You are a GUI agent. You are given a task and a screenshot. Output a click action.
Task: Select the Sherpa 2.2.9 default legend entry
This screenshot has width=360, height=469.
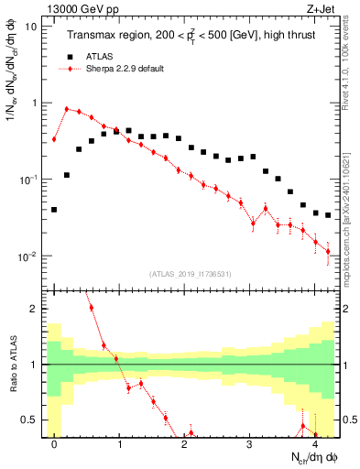tap(119, 69)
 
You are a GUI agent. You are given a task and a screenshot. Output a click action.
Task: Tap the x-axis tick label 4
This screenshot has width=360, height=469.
tap(314, 444)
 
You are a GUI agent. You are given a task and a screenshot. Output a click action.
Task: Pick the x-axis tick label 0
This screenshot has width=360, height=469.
tap(54, 444)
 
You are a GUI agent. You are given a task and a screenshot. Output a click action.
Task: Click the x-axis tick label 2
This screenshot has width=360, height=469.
tap(184, 444)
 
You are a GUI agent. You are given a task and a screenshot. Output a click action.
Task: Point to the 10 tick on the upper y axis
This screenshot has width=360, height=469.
tap(30, 27)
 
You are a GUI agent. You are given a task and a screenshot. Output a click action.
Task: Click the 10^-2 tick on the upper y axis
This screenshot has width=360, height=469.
tap(27, 256)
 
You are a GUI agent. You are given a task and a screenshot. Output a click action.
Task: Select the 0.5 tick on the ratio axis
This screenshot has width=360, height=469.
tap(30, 420)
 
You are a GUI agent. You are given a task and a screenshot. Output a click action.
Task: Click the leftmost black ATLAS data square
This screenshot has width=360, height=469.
tap(54, 210)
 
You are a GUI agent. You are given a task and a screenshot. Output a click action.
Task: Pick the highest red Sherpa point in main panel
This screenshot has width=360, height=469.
tap(67, 109)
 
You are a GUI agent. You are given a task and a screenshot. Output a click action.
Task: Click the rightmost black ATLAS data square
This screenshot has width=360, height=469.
tap(327, 215)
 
